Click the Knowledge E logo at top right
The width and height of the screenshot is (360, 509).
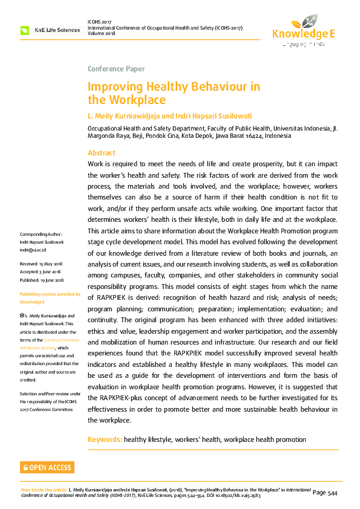tap(303, 30)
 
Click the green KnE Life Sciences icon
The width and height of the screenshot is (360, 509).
tap(25, 30)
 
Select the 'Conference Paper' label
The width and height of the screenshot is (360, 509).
tap(116, 69)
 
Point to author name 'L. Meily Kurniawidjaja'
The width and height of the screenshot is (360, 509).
tap(123, 115)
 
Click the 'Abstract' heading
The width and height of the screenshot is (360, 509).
tap(101, 153)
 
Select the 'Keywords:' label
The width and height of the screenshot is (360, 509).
tap(105, 439)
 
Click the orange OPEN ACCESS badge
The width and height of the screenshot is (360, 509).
tap(47, 467)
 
